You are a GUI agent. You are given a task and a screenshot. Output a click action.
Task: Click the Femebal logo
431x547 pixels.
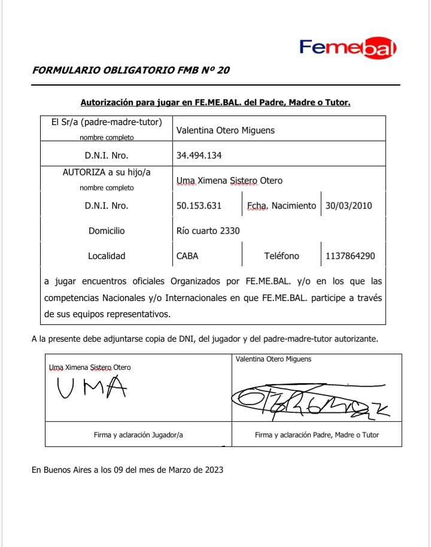[x=348, y=47]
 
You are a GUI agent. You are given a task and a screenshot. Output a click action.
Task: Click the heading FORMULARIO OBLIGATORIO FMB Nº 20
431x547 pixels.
[x=130, y=70]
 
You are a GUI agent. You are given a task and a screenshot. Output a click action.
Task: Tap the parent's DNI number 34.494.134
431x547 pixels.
[x=199, y=156]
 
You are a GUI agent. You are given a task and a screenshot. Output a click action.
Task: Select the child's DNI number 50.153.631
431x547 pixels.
[x=199, y=205]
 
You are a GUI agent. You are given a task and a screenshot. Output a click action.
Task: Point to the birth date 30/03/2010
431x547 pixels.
[x=348, y=205]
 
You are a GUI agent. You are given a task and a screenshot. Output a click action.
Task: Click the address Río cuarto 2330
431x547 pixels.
[x=208, y=230]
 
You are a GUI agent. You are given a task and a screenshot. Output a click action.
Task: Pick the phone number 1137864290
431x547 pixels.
[x=350, y=256]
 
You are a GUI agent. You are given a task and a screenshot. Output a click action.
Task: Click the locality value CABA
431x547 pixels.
[x=187, y=256]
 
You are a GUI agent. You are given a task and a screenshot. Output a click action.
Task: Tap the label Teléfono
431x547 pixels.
[x=281, y=256]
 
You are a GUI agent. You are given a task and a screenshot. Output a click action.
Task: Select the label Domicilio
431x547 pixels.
[x=107, y=230]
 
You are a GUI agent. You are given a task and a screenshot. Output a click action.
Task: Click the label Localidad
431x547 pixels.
[x=107, y=256]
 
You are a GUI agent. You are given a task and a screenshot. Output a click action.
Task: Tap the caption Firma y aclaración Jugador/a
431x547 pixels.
[x=138, y=435]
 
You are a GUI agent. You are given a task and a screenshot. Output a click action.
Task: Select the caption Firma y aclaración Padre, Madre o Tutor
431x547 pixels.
[x=317, y=435]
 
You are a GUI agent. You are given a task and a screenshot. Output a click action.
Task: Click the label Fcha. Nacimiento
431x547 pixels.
[x=281, y=205]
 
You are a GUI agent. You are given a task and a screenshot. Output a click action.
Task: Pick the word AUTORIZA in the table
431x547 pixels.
[x=83, y=172]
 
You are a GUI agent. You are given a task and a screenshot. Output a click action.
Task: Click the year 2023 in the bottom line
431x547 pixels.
[x=213, y=470]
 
